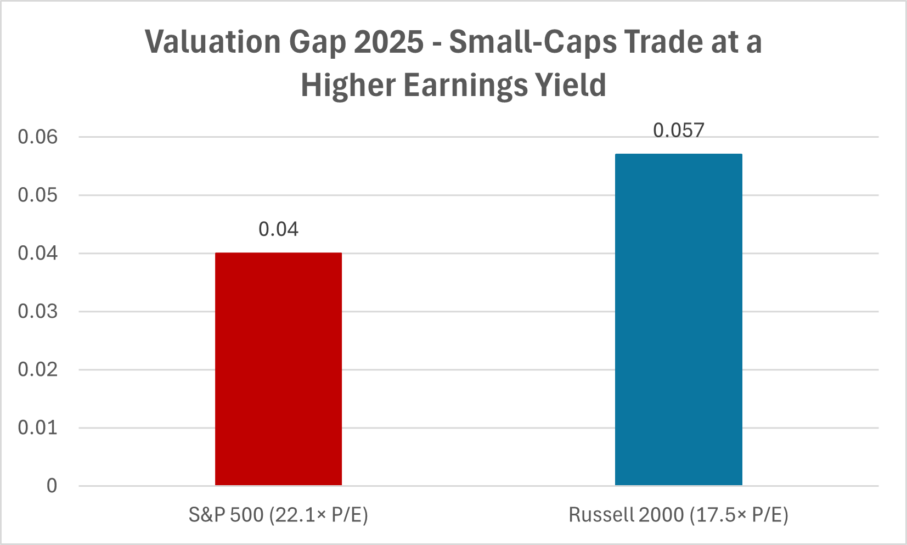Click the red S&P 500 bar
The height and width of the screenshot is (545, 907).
click(x=278, y=369)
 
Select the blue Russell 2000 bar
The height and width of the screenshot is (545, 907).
click(x=678, y=319)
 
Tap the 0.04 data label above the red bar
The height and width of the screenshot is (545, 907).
click(x=278, y=229)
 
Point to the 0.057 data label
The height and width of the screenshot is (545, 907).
click(x=678, y=130)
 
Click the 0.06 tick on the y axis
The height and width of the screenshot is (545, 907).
click(x=37, y=137)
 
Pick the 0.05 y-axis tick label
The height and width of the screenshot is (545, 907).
click(x=37, y=195)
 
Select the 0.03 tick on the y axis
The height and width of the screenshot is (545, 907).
click(x=37, y=311)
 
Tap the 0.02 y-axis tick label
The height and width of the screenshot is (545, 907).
click(x=37, y=369)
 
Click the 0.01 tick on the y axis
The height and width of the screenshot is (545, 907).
click(x=37, y=428)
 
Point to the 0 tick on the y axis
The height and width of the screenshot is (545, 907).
click(x=52, y=486)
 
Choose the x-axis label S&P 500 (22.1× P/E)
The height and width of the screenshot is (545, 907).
click(x=278, y=515)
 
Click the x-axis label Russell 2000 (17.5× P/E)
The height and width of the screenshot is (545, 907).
click(x=678, y=515)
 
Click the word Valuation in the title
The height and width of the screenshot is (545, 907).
click(x=213, y=42)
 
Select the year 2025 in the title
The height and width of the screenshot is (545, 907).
click(x=388, y=42)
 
